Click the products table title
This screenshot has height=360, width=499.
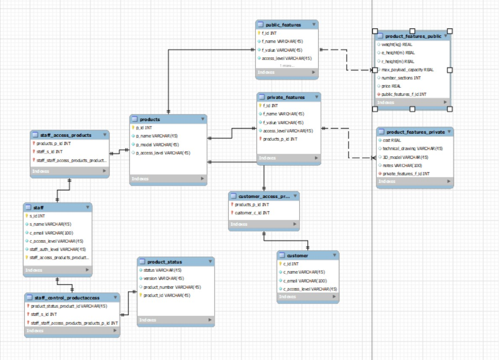pos(150,119)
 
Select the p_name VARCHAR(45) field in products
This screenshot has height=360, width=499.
pos(157,136)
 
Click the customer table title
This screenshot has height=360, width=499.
pos(297,255)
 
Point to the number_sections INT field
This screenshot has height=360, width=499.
pos(401,78)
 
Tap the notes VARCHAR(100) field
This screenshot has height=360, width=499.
pos(402,166)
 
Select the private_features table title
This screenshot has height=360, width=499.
pos(286,97)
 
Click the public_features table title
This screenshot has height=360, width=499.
pos(283,25)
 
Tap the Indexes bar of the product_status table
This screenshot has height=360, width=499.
pos(175,320)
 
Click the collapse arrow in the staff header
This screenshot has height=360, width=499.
pos(87,207)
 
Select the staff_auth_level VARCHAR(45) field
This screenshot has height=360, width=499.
pos(58,249)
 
